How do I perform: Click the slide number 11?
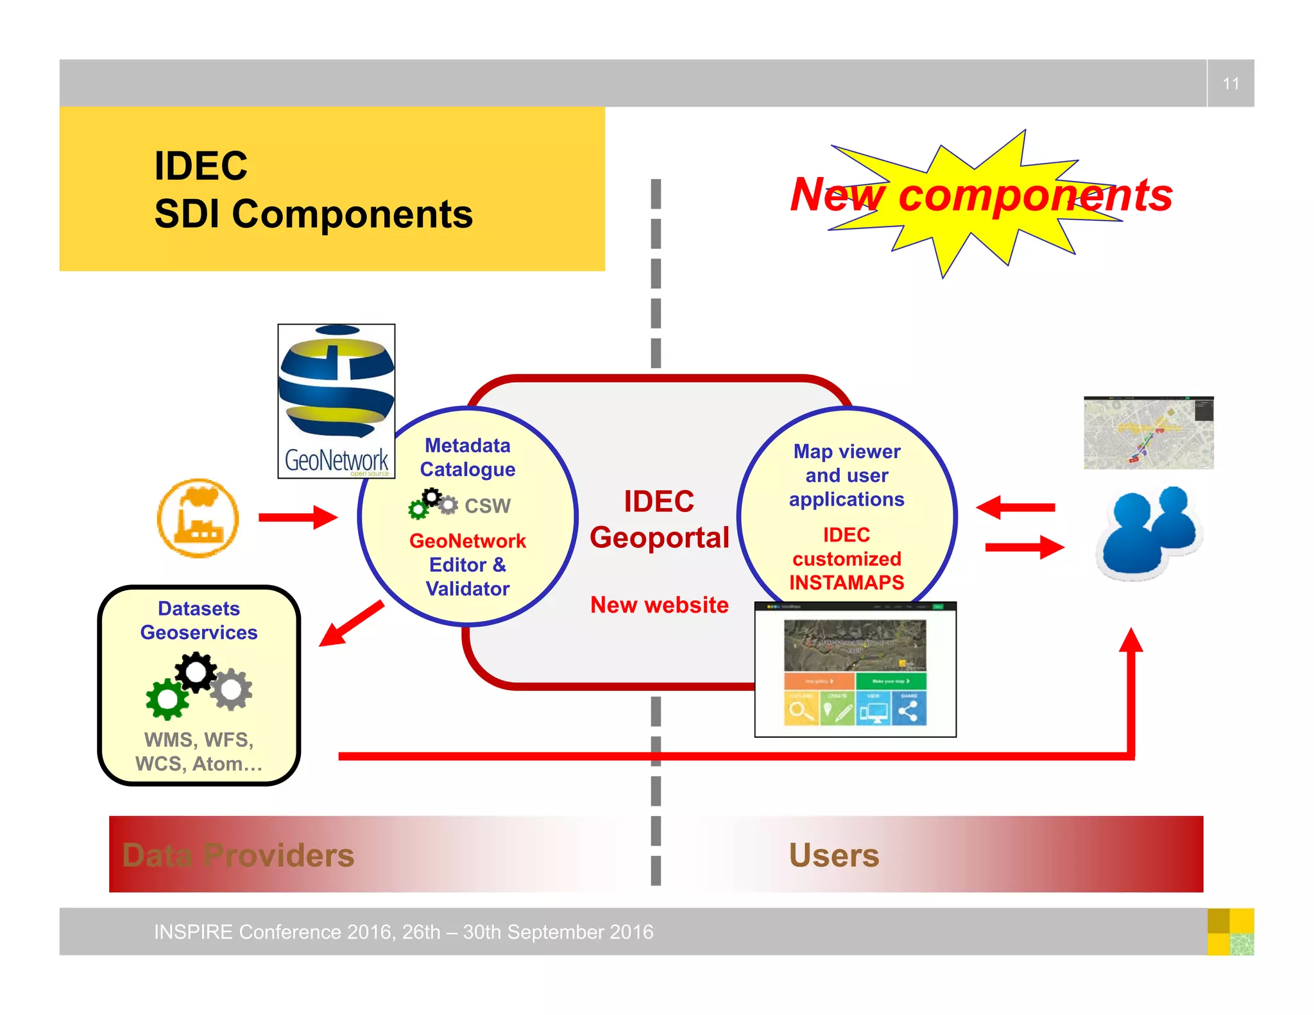(1230, 83)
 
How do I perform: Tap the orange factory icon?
(198, 518)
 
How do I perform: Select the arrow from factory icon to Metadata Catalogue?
(297, 517)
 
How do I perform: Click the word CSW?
(487, 506)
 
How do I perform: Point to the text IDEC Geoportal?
(660, 520)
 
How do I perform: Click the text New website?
(660, 605)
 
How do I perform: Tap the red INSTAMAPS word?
(846, 583)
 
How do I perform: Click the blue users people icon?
(1148, 533)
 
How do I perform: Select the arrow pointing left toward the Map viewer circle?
(1015, 507)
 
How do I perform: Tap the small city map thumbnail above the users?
(1148, 433)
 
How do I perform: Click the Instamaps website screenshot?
(855, 670)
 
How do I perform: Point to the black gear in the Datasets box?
(196, 672)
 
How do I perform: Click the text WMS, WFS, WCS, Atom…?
(199, 752)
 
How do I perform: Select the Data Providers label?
(238, 855)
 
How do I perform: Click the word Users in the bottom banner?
(833, 855)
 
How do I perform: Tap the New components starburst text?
(981, 195)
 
